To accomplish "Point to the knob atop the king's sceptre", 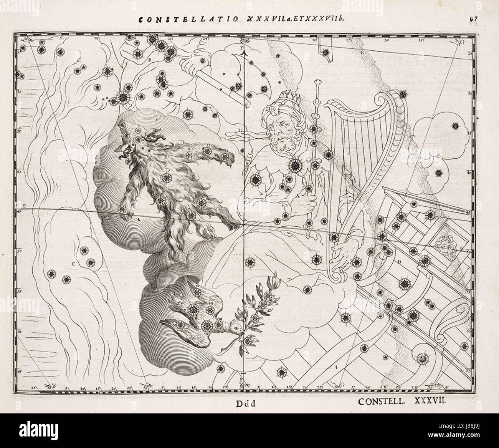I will [x=317, y=83].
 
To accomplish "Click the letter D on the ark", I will [x=400, y=262].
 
